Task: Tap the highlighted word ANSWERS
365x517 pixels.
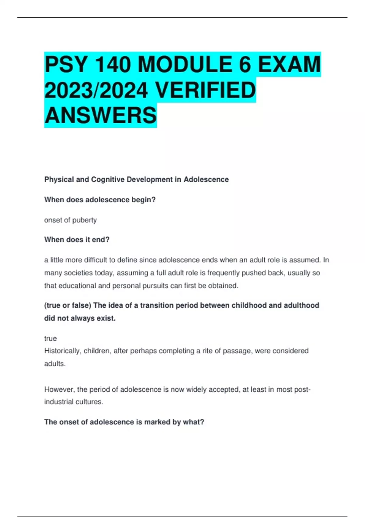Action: coord(100,116)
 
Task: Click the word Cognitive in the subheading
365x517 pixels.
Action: coord(108,179)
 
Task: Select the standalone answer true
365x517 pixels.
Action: coord(50,338)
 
